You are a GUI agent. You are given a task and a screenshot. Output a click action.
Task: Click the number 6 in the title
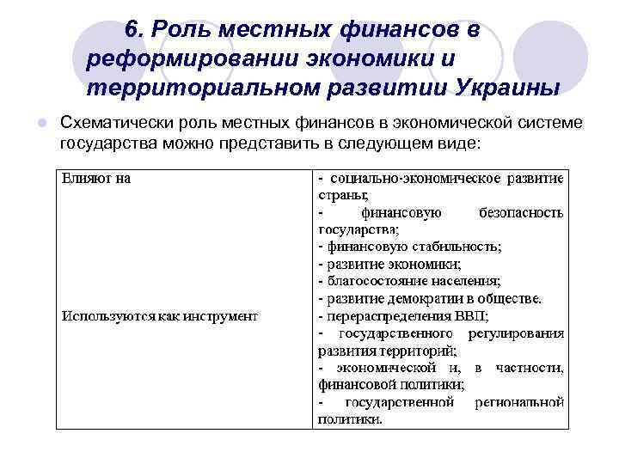coord(131,29)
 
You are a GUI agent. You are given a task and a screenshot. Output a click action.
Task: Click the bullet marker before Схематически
coord(40,124)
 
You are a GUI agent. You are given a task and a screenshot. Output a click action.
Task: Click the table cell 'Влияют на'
coord(95,179)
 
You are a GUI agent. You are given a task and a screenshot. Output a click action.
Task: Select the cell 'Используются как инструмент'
coord(159,316)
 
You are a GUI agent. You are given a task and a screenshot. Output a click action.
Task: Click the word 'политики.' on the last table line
coord(351,419)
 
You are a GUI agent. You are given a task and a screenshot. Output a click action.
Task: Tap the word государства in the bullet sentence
coord(103,143)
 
